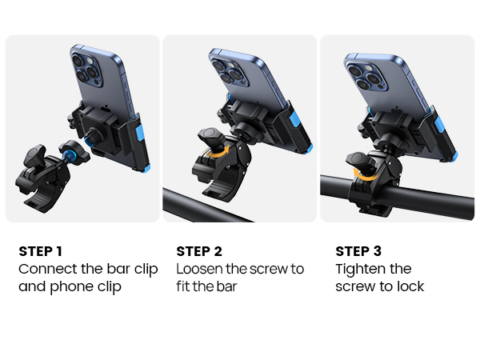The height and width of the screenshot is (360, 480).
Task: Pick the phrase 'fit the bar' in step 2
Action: pos(207,286)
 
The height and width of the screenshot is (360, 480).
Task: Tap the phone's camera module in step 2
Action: pos(227,70)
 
